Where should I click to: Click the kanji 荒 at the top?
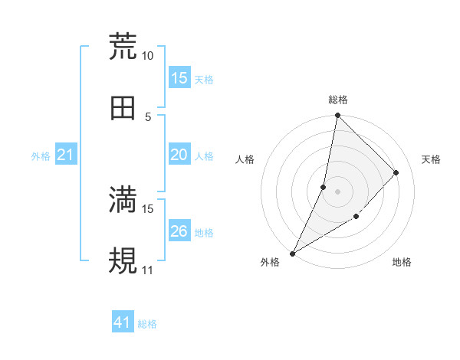coord(123,46)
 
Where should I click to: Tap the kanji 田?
coord(123,108)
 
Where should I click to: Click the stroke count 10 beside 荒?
coord(148,56)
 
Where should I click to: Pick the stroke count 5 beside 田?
coord(148,117)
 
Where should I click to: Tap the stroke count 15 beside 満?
coord(148,208)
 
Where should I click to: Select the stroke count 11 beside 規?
coord(148,270)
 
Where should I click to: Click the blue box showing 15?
coord(179,78)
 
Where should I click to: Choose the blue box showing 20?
coord(179,155)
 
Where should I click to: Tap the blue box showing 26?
coord(179,231)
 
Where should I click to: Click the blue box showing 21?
coord(66,155)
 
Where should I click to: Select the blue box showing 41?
coord(123,323)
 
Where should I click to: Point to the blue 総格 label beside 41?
coord(147,324)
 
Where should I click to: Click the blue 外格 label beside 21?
coord(41,156)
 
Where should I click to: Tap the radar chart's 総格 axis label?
coord(337,100)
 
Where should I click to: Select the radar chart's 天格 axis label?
coord(432,159)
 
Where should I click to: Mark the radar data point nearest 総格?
coord(337,116)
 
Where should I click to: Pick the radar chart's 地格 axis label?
coord(402,263)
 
